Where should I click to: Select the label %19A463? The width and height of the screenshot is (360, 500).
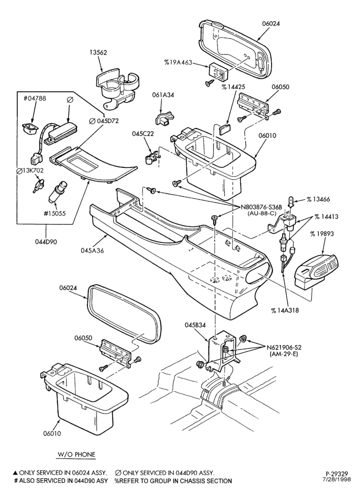(178, 62)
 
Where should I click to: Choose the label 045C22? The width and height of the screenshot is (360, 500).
(143, 133)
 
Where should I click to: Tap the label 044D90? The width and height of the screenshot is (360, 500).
(46, 241)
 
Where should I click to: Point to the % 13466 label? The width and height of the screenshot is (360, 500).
(318, 199)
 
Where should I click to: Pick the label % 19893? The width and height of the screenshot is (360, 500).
(322, 234)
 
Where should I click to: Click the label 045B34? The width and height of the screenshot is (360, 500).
(195, 325)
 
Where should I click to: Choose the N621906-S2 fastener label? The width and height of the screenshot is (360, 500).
(284, 347)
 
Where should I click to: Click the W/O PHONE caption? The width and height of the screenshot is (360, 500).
(76, 454)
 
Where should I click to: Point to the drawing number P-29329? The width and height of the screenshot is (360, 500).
(336, 474)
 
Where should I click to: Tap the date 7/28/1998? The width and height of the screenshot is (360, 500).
(337, 479)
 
